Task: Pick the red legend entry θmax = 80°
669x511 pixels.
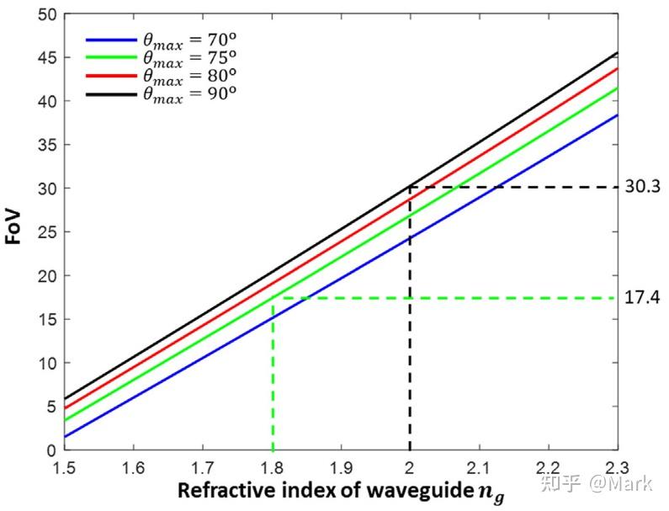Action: (x=160, y=76)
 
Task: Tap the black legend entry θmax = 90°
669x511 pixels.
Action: (x=160, y=93)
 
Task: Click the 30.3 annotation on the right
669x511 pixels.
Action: (x=643, y=187)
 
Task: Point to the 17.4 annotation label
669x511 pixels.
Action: (x=643, y=298)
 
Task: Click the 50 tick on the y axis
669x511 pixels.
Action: (x=47, y=14)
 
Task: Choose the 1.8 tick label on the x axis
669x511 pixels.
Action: (x=272, y=466)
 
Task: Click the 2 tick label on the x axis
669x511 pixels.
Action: (x=410, y=466)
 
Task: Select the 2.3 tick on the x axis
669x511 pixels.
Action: (x=618, y=466)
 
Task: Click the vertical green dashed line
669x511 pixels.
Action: (x=272, y=379)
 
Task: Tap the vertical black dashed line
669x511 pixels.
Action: (x=410, y=337)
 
